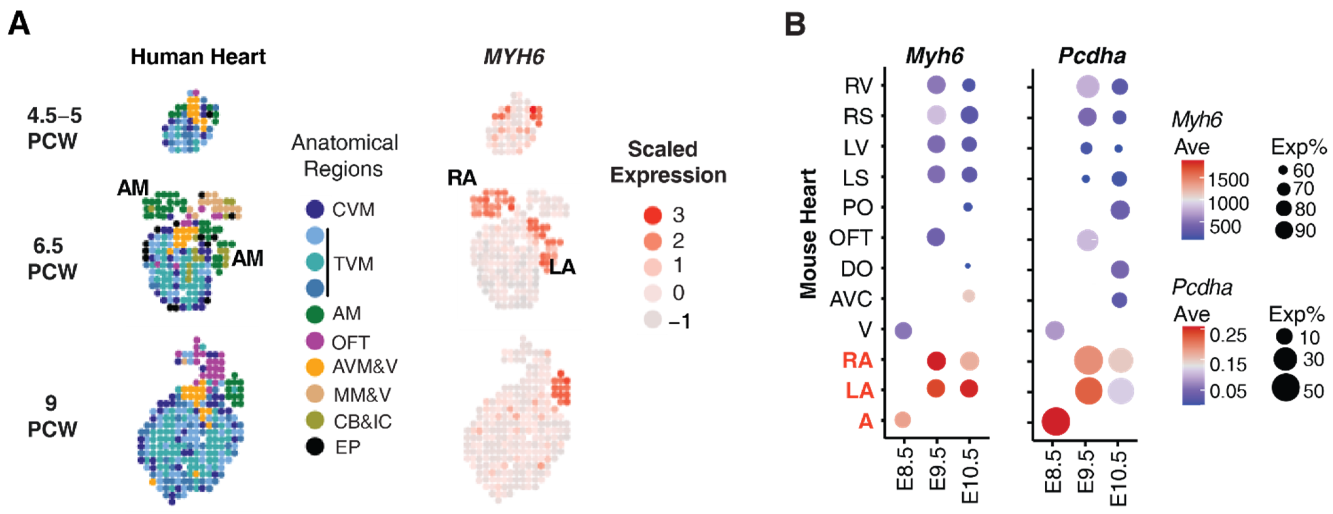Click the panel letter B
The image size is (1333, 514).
point(795,24)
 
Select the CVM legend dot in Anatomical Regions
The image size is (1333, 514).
point(315,209)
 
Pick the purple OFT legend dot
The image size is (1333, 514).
point(315,341)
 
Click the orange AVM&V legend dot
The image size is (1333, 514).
point(315,367)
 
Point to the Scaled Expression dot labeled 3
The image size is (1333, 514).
point(653,215)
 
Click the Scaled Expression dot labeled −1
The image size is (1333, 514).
point(653,320)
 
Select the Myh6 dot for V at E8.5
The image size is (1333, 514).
point(903,330)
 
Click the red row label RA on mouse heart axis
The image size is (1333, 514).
point(857,361)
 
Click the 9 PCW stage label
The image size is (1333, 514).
point(52,416)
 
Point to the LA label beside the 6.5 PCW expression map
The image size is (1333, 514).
point(562,267)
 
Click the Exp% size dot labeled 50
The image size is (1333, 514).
point(1286,388)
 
